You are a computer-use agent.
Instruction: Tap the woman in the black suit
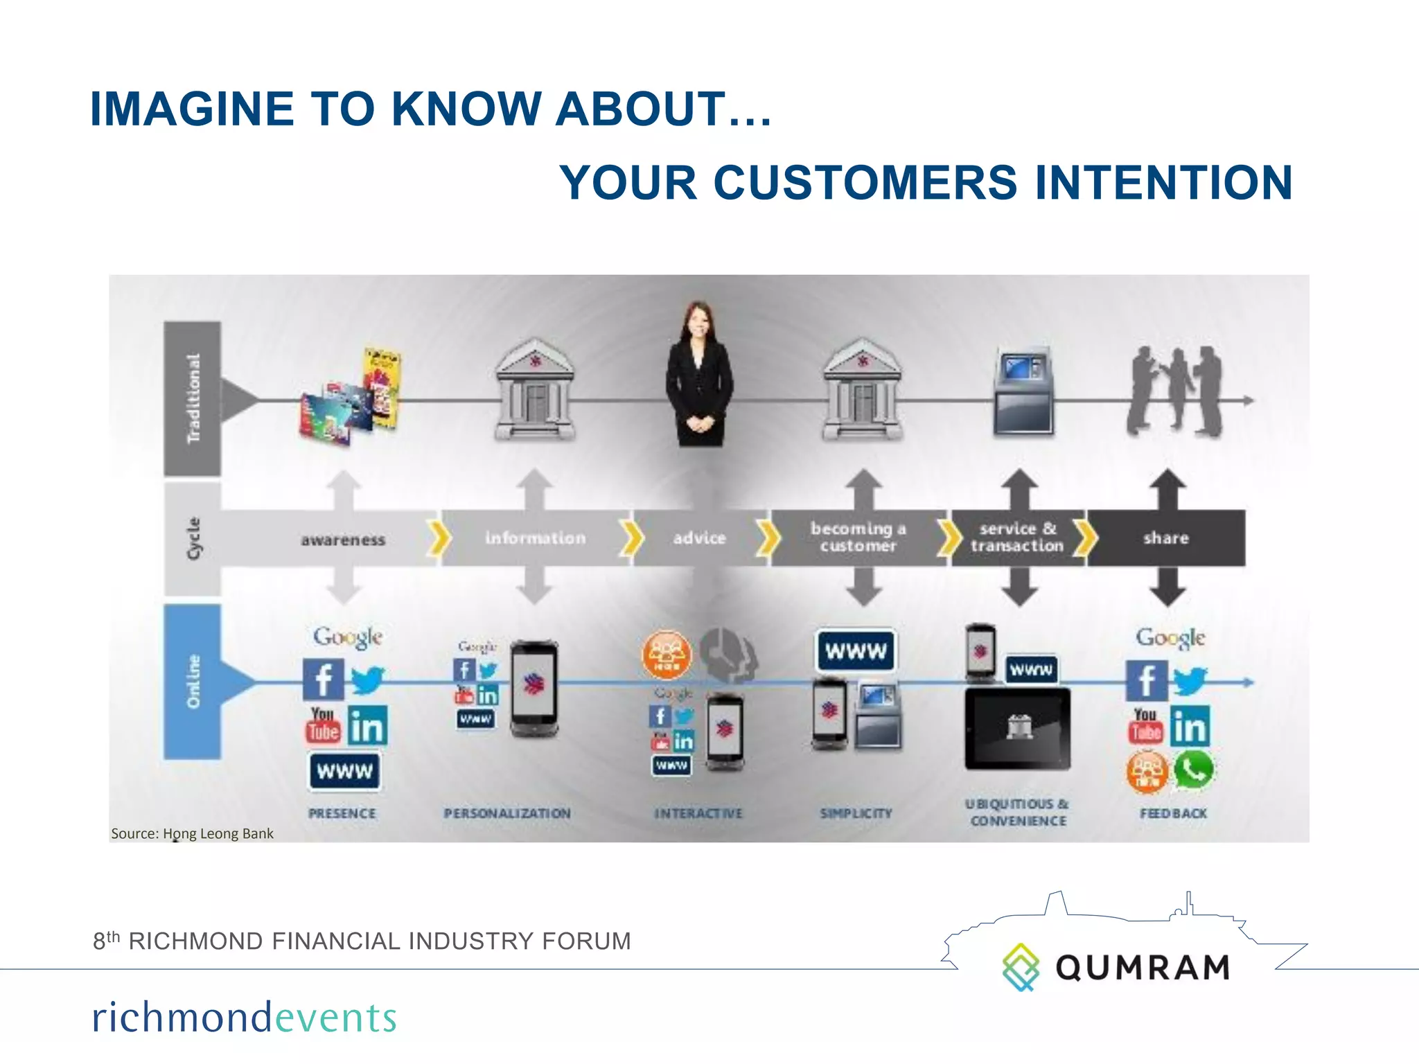point(698,378)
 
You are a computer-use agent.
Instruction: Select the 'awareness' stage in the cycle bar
point(343,540)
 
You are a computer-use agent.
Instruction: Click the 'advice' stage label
point(699,538)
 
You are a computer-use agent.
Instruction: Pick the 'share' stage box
point(1166,538)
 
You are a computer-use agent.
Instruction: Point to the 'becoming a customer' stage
point(858,538)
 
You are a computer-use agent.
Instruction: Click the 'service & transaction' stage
point(1016,538)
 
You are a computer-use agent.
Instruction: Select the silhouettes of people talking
point(1173,391)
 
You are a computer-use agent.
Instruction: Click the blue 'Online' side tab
point(193,682)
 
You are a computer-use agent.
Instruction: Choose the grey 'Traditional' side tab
point(193,398)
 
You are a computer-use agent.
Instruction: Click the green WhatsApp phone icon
point(1192,770)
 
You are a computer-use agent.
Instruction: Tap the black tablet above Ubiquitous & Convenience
point(1017,729)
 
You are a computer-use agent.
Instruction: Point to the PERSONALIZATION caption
point(507,813)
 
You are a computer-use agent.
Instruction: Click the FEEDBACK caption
point(1173,813)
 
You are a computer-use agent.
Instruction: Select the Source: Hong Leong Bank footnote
point(192,833)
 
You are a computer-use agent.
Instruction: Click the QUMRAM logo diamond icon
point(1021,966)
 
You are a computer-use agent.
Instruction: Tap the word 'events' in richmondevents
point(336,1018)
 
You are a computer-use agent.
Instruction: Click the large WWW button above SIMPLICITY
point(856,650)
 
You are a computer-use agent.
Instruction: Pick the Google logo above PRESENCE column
point(347,637)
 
